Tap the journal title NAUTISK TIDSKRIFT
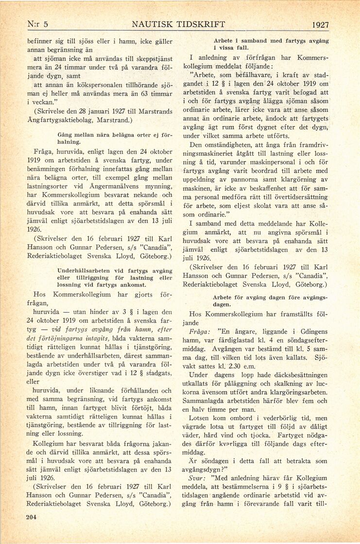click(x=179, y=24)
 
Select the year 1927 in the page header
click(x=321, y=25)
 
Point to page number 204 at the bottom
click(x=32, y=517)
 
